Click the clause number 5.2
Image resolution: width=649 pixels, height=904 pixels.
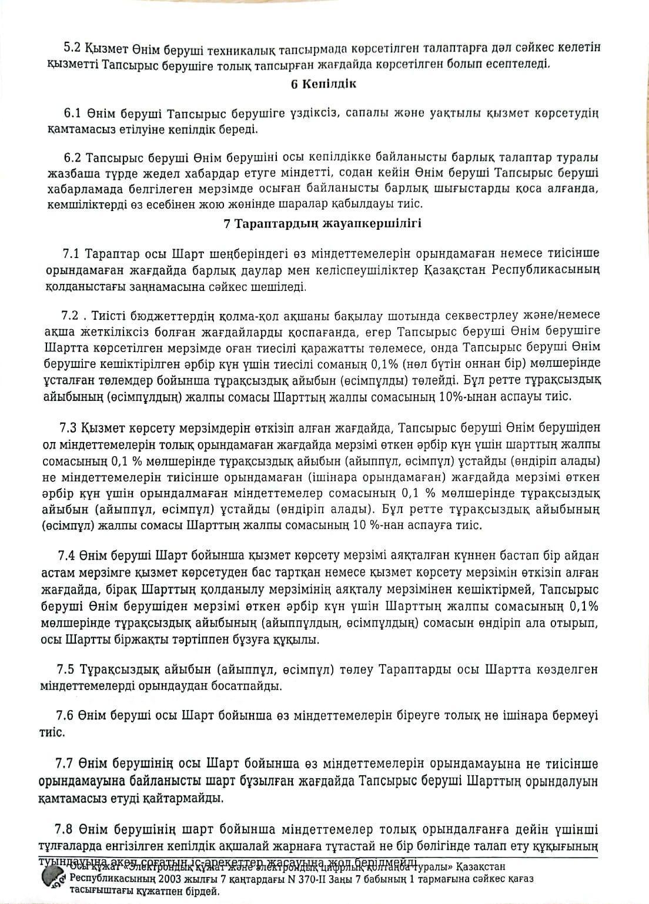(x=73, y=48)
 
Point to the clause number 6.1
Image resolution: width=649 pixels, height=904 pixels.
(x=73, y=113)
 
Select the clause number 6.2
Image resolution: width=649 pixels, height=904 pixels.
(x=73, y=159)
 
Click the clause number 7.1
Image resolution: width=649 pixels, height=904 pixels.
(x=73, y=254)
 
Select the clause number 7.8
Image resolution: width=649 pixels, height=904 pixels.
(x=68, y=829)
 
